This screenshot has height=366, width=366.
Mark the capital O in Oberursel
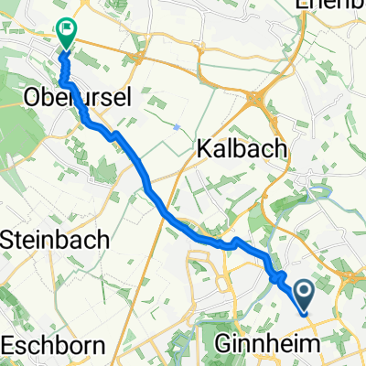pyautogui.click(x=34, y=96)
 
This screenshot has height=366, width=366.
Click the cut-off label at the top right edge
pyautogui.click(x=329, y=5)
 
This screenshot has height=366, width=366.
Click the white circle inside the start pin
pyautogui.click(x=304, y=291)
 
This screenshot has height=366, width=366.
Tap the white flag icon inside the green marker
pyautogui.click(x=66, y=28)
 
